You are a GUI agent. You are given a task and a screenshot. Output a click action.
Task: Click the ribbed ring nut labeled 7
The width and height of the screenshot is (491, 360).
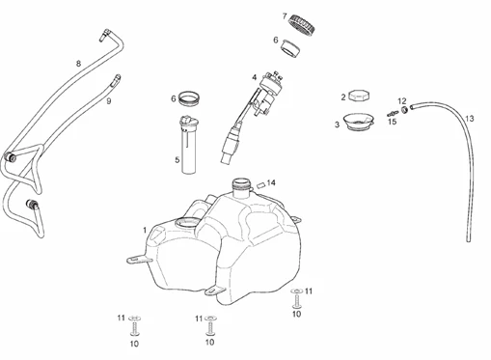[303, 25]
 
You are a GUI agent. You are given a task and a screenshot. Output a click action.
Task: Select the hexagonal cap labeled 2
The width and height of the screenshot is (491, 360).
[359, 96]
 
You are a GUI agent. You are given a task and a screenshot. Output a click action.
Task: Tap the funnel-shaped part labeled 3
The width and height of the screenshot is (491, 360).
[358, 122]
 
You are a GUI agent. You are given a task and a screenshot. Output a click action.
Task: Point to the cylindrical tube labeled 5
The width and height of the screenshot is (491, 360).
[189, 145]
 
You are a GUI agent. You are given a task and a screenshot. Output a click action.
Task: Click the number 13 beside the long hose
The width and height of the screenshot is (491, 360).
[470, 119]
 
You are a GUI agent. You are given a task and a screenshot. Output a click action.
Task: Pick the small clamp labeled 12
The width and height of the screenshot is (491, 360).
[405, 109]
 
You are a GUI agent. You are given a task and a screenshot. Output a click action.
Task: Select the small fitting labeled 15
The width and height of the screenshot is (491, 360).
[391, 114]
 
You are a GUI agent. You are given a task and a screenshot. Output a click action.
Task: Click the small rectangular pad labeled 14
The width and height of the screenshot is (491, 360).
[260, 185]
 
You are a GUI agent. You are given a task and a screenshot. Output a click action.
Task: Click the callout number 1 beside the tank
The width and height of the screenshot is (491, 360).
[145, 231]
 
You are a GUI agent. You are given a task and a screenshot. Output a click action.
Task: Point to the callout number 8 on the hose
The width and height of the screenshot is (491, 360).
[78, 64]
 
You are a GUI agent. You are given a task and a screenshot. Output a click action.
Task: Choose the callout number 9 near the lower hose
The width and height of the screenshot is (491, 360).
[109, 101]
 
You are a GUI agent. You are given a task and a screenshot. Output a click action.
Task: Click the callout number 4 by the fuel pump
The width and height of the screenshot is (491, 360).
[255, 77]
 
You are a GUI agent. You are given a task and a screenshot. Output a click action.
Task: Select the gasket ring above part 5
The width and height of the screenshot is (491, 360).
[189, 98]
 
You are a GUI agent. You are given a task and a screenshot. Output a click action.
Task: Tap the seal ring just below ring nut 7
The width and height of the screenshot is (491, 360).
[290, 49]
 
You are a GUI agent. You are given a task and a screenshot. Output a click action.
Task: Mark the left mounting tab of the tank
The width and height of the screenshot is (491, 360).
[139, 260]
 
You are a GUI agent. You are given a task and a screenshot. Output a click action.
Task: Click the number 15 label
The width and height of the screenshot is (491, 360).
[393, 122]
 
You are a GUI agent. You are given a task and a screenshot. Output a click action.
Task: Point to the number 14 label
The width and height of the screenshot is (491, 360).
[271, 182]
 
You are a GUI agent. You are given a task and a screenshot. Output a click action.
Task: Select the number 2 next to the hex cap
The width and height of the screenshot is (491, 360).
[343, 97]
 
